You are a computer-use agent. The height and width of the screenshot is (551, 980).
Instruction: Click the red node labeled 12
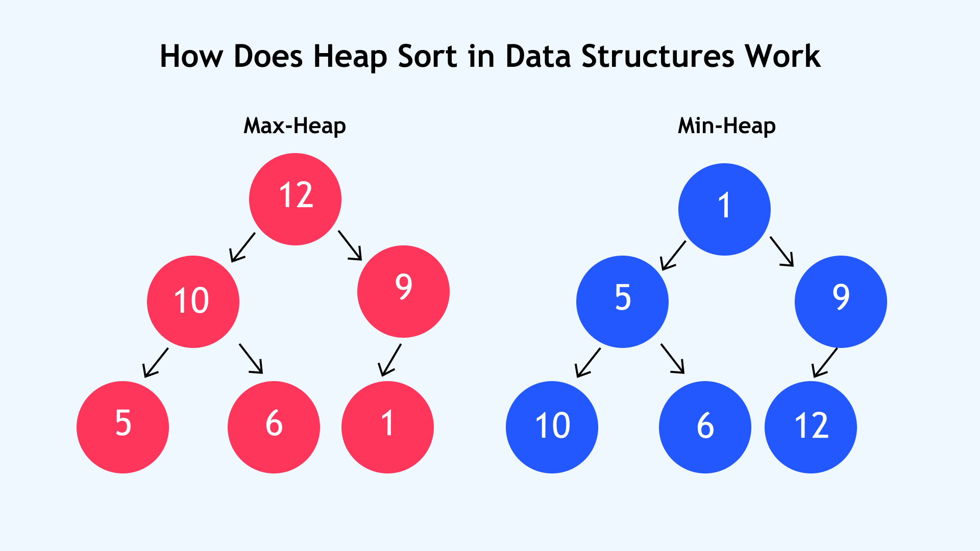point(295,199)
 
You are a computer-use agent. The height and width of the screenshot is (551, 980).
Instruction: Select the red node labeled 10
point(193,302)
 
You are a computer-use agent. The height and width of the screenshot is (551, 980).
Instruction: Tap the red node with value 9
point(403,291)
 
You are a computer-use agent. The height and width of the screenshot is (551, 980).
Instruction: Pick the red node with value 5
point(122,427)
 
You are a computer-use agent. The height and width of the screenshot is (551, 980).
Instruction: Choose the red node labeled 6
point(274,427)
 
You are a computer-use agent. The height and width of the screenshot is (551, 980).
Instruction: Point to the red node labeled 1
point(387,427)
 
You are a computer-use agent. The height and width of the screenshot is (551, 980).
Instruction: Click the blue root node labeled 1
point(724,209)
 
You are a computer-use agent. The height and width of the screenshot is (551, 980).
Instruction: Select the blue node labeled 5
point(622,302)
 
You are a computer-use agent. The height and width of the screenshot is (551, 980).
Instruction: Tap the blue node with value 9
point(841,302)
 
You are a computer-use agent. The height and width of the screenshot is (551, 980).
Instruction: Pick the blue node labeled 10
point(552,427)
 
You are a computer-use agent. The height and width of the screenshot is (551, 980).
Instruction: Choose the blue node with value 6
point(705,427)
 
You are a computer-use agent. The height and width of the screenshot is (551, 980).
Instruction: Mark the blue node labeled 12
point(811,427)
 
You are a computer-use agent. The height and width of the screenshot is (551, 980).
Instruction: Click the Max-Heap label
point(295,126)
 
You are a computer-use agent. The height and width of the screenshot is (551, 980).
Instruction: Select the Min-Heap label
point(727,126)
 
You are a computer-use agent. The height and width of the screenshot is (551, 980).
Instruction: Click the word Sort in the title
point(427,56)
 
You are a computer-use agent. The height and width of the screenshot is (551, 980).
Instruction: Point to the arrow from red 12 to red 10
point(242,248)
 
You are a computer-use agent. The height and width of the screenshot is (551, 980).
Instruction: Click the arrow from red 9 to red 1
point(389,360)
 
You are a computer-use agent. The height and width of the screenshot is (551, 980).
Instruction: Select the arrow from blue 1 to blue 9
point(782,252)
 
